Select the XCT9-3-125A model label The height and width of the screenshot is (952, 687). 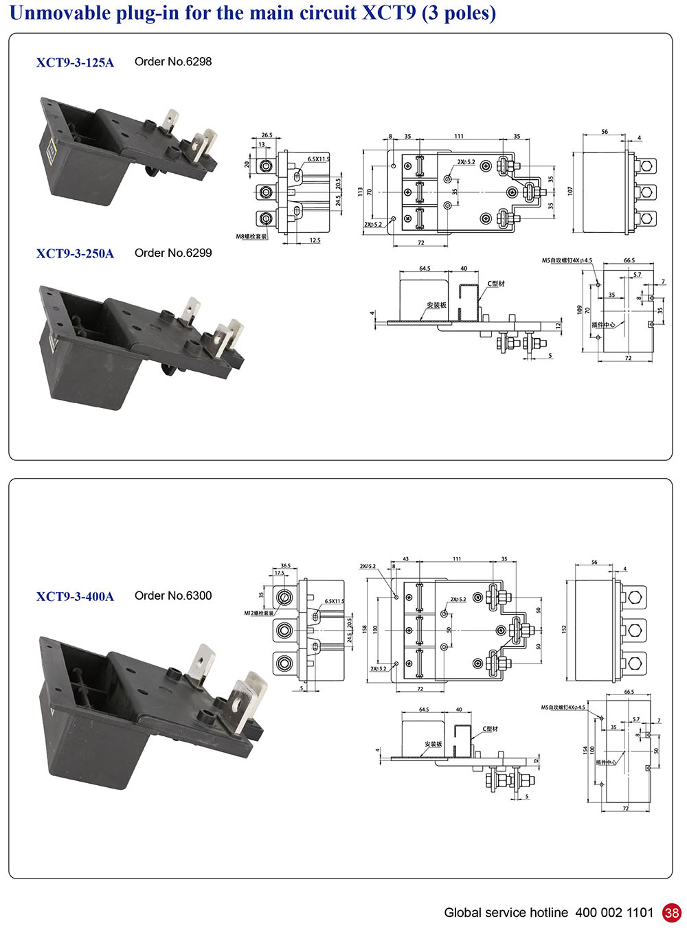pos(75,63)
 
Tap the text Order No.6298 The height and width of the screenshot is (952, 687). pos(173,62)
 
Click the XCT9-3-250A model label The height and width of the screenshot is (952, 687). pos(75,253)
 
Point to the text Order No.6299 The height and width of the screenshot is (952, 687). pos(173,253)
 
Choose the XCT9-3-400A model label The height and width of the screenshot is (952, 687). pos(75,596)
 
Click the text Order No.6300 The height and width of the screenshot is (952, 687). pos(173,596)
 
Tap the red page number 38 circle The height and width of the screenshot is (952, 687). pos(671,913)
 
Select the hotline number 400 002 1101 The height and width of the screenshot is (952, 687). pos(614,913)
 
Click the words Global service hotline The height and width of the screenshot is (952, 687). pos(506,913)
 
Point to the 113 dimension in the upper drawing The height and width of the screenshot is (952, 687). pos(360,192)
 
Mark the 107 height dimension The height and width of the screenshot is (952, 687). pos(570,191)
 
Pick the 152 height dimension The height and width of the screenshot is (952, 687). pos(564,628)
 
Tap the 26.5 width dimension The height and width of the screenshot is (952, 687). pos(267,135)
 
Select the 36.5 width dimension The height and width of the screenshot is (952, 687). pos(285,566)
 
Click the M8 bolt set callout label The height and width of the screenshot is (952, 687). pos(251,237)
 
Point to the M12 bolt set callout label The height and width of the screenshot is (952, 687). pos(259,613)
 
